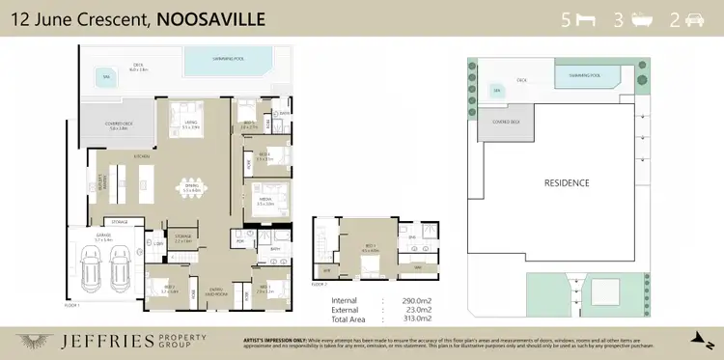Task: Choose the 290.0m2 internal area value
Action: [413, 300]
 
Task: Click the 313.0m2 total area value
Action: [413, 317]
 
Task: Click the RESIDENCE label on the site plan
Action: [566, 182]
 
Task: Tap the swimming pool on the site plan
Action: [586, 75]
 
